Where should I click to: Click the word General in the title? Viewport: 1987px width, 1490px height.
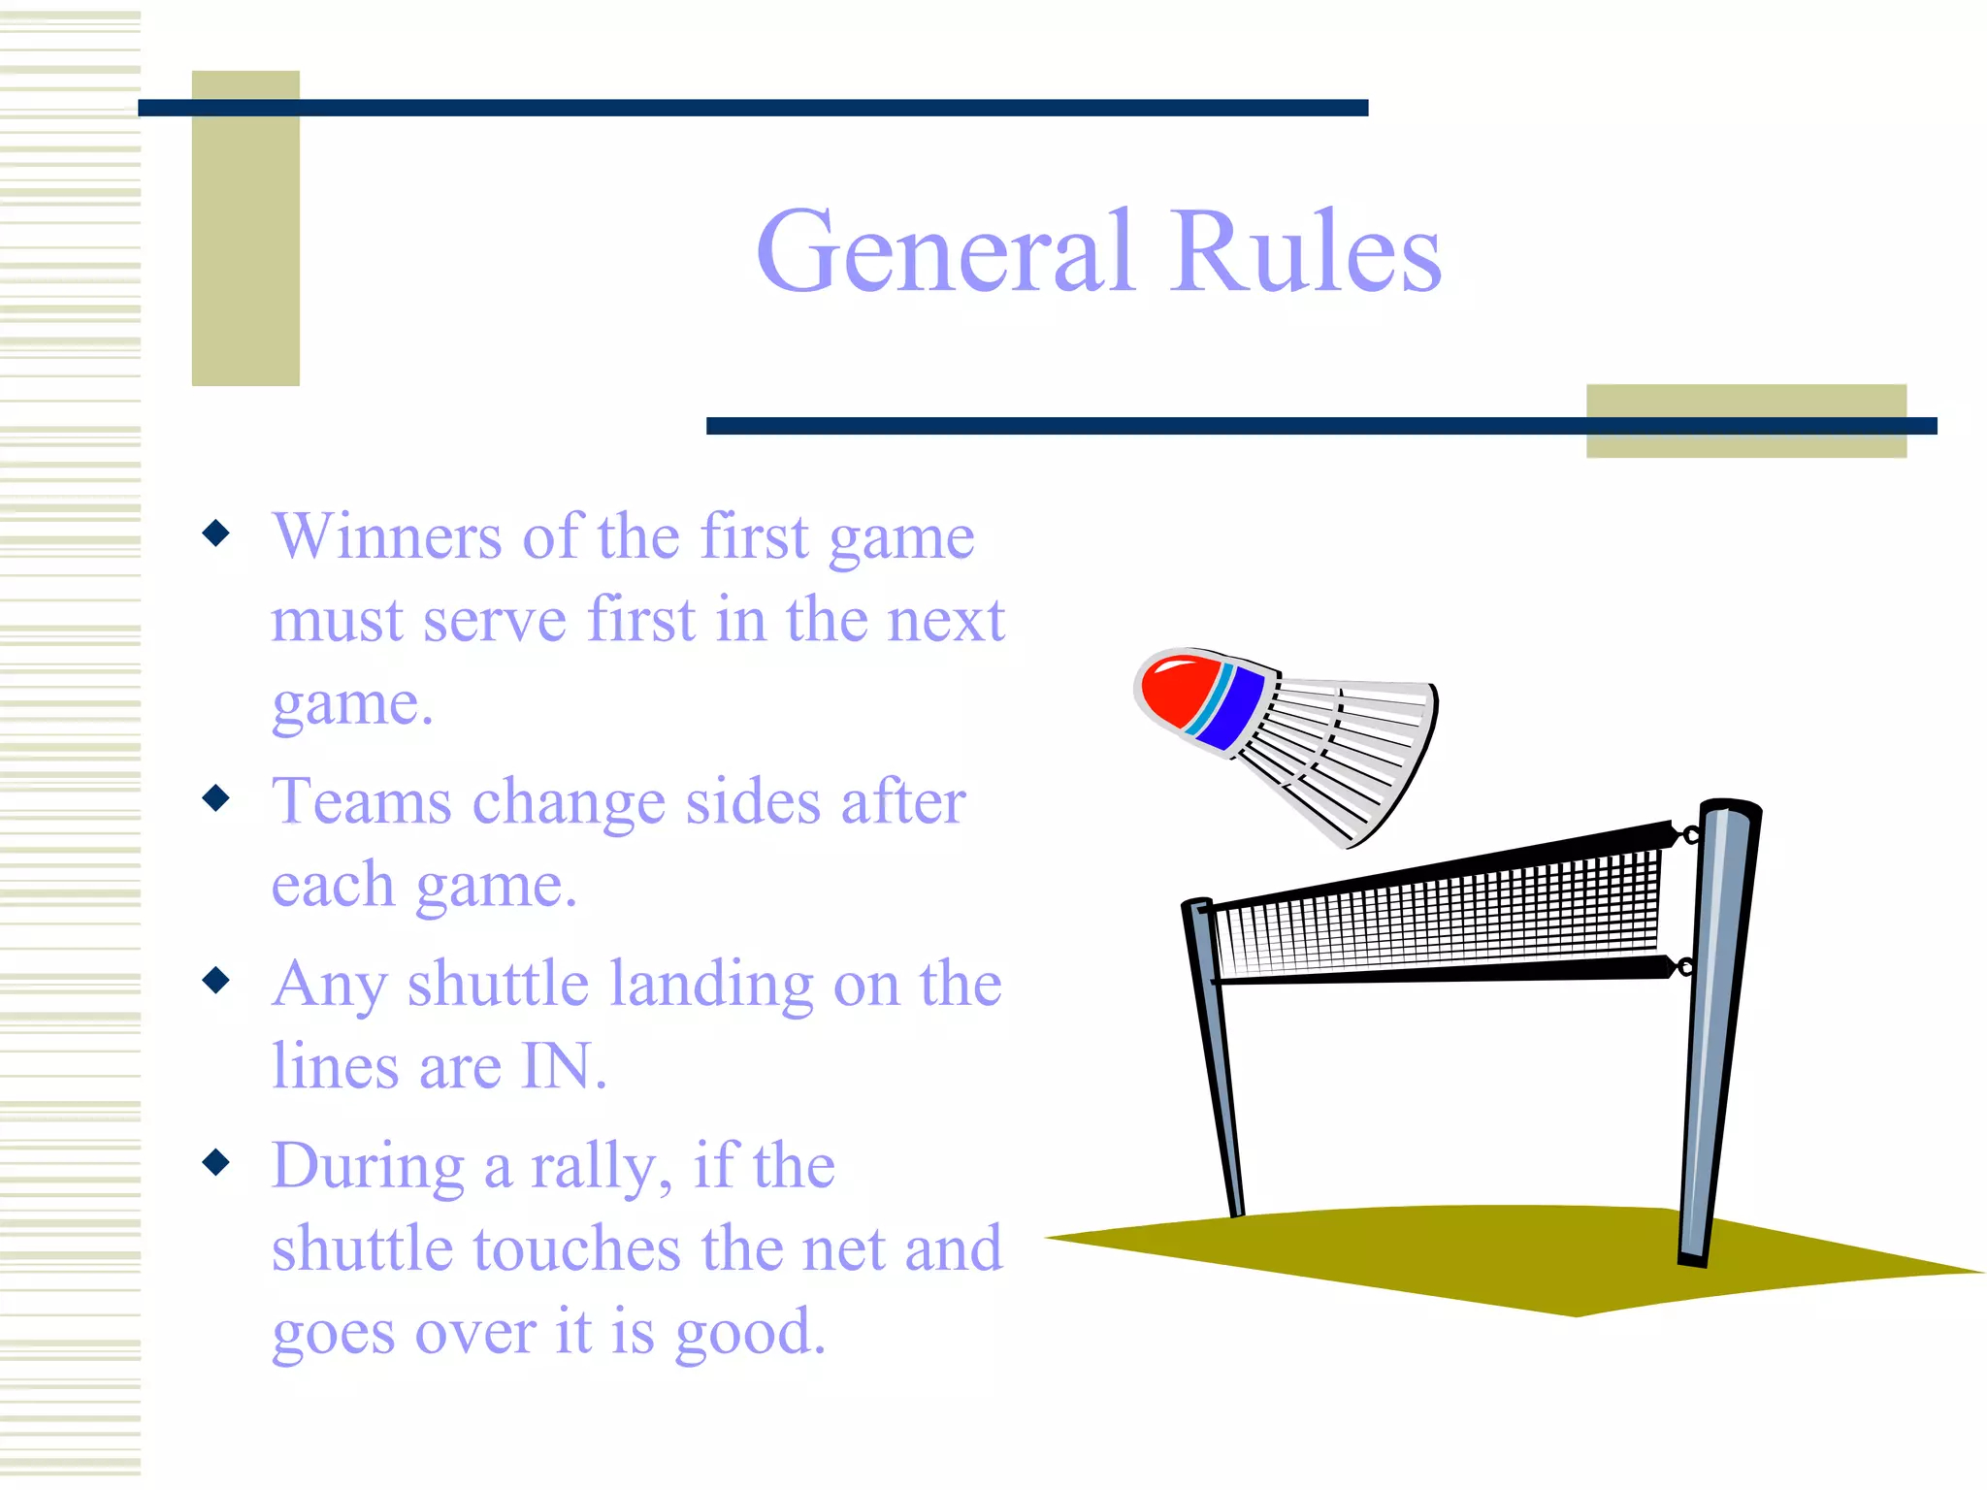[944, 252]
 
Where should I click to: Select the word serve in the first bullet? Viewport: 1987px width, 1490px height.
[495, 621]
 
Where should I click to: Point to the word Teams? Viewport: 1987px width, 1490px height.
[362, 802]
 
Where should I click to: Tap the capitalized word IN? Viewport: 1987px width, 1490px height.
[557, 1067]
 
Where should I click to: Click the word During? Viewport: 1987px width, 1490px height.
[369, 1166]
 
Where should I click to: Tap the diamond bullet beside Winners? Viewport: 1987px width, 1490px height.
[216, 533]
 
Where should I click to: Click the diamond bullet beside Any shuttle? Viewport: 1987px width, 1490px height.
[216, 980]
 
